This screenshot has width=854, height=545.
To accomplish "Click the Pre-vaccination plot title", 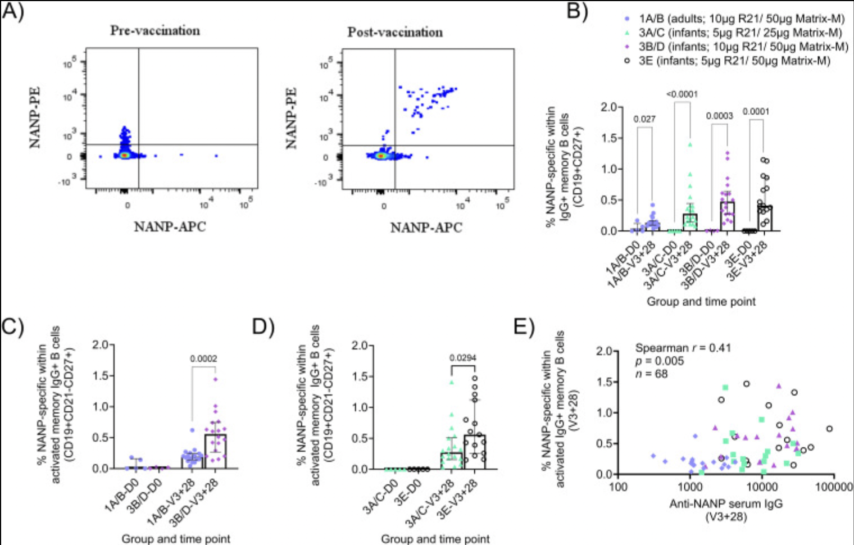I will (x=155, y=31).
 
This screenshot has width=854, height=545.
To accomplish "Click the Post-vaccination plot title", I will (x=395, y=32).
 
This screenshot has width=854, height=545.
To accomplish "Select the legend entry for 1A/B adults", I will (x=737, y=19).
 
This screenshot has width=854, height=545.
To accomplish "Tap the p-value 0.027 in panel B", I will (x=644, y=119).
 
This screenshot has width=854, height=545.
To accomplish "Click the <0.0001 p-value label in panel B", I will (x=682, y=94).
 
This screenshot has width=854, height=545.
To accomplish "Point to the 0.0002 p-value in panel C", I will (x=203, y=358).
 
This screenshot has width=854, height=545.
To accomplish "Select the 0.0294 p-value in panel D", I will (x=463, y=358).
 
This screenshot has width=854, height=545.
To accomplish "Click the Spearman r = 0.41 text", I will (x=683, y=348).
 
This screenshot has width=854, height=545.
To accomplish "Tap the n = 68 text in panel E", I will (x=652, y=374).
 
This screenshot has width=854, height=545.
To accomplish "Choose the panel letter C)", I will (x=12, y=327).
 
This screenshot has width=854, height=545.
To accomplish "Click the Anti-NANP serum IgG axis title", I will (x=726, y=503).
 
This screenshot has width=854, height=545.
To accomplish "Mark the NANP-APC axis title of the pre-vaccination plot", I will (x=170, y=227).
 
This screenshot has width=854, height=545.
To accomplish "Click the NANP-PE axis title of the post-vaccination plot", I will (x=291, y=119).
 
